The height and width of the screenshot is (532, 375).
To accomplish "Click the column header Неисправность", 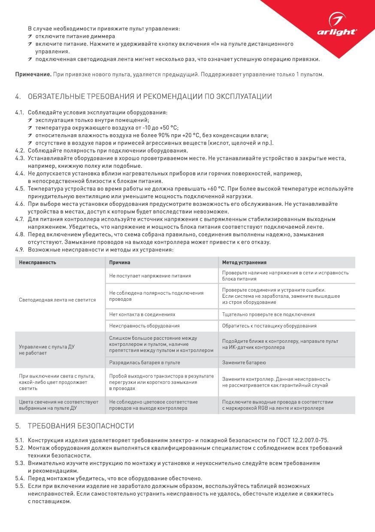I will [x=37, y=262].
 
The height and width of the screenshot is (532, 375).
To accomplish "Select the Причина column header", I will [x=120, y=262].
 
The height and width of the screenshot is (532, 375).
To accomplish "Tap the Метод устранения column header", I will [x=244, y=262].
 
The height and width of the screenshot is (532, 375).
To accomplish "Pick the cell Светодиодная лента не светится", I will [x=57, y=300].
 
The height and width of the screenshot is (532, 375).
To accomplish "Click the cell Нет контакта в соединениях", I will [x=142, y=314].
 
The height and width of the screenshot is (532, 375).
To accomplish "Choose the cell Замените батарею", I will [x=244, y=363].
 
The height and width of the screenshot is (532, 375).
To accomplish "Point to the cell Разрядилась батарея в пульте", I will [x=145, y=363].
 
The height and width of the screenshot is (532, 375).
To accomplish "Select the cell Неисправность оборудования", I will [x=144, y=326].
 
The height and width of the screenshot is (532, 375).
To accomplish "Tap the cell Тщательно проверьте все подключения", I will [x=268, y=314].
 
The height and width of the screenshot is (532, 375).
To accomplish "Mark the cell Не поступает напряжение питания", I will [x=150, y=276].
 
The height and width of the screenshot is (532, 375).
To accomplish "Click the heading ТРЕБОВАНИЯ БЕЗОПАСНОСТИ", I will [x=81, y=426].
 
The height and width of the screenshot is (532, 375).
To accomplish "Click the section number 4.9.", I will [x=19, y=250].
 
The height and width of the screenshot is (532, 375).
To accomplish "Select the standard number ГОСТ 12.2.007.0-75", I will [x=303, y=440].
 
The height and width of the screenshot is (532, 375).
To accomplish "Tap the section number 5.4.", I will [x=19, y=478].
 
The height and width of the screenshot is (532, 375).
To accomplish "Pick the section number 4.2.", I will [x=19, y=151].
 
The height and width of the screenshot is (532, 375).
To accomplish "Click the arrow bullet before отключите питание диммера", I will [x=31, y=36].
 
